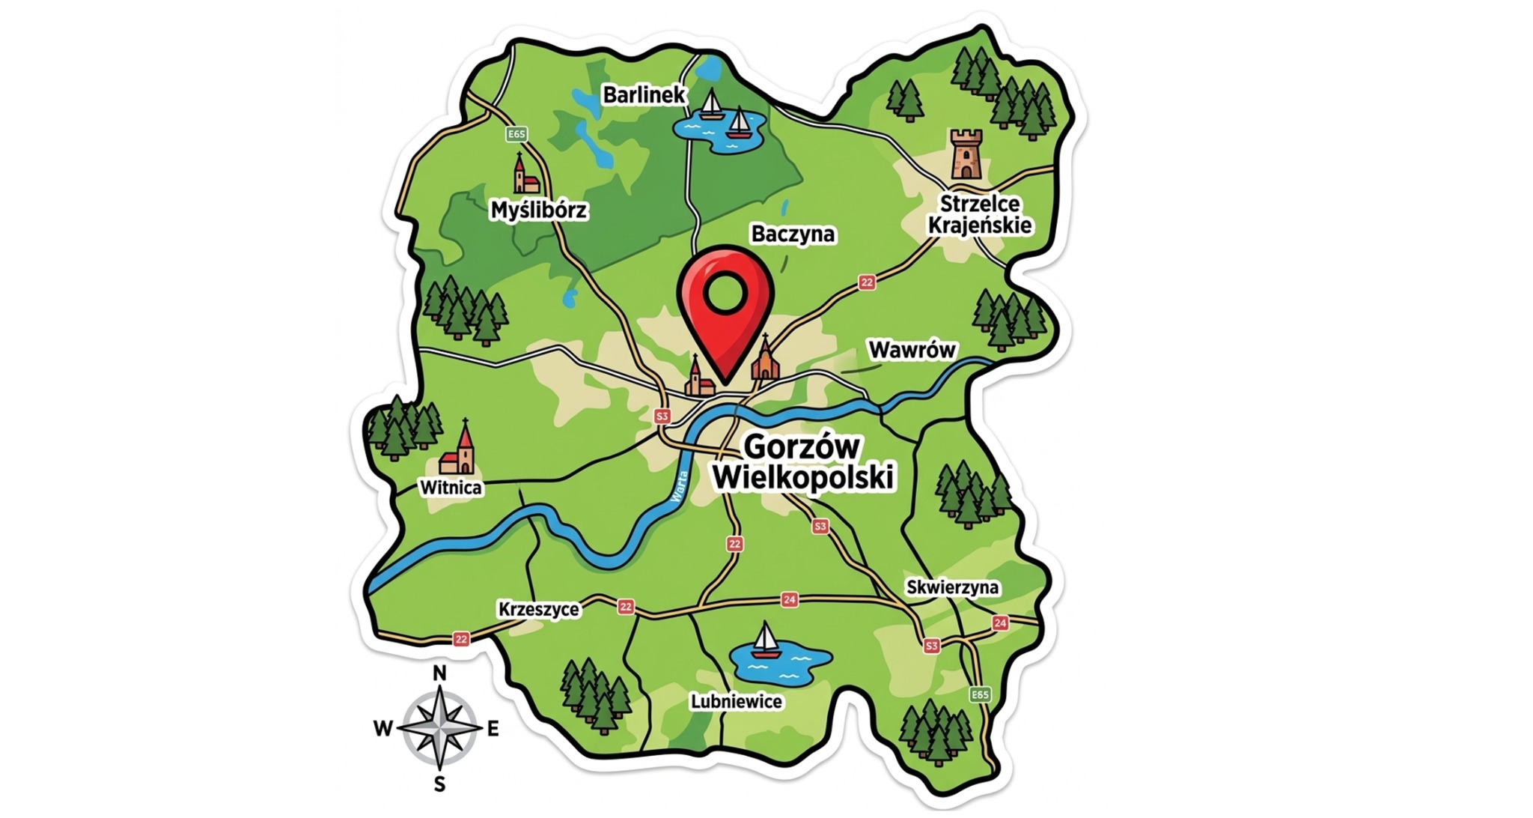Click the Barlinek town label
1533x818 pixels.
point(644,95)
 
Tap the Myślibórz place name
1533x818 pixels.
point(538,210)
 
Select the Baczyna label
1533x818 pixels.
point(793,234)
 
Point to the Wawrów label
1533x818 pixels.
point(912,350)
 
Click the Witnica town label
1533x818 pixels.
point(451,488)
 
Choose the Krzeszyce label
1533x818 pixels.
point(538,609)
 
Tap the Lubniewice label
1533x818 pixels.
point(736,702)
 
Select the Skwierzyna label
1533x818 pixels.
point(952,587)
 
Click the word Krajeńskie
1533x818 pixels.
point(979,225)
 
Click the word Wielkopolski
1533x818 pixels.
point(803,478)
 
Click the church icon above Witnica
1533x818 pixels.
point(459,449)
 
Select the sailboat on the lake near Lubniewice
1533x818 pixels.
point(765,640)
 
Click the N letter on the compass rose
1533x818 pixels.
point(440,673)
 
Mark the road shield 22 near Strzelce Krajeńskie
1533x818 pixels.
point(866,282)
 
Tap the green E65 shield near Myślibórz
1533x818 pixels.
point(516,134)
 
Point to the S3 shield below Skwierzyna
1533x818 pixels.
point(930,646)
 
